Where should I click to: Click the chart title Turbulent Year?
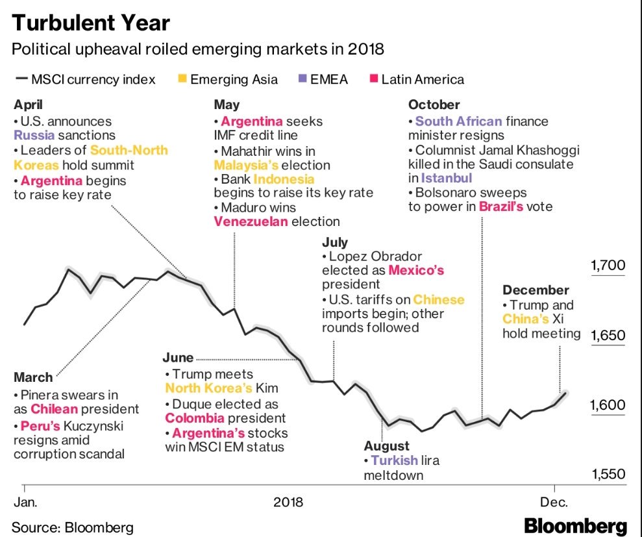[91, 23]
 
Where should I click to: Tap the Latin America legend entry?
[422, 80]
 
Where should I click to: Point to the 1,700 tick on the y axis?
[608, 265]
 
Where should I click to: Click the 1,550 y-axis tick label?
[608, 475]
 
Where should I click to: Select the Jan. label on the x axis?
[26, 502]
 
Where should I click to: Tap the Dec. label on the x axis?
[555, 502]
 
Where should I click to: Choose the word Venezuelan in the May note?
[251, 221]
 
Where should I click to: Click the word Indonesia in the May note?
[284, 179]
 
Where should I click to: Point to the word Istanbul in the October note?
[447, 177]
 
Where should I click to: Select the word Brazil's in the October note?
[501, 207]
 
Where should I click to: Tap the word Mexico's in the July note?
[416, 270]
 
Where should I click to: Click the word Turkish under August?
[394, 460]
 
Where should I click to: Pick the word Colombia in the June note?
[193, 418]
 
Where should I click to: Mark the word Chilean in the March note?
[55, 409]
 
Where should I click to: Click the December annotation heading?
[536, 290]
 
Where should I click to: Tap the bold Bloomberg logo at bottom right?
[576, 526]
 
